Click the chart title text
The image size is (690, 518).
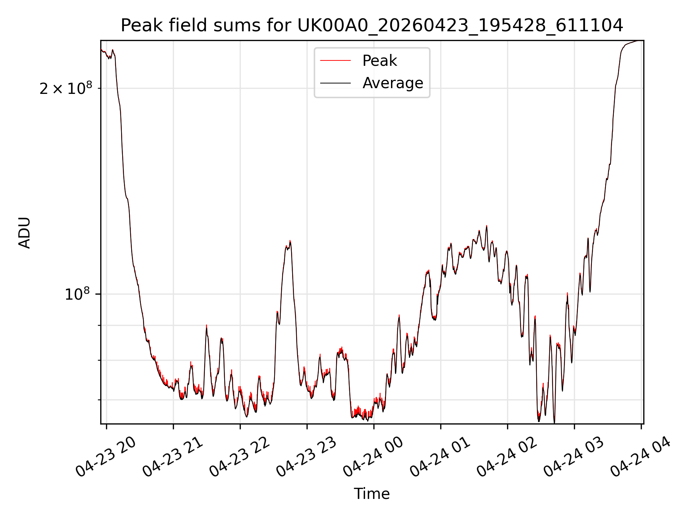click(372, 26)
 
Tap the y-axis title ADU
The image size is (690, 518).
click(24, 232)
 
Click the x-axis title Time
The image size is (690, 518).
click(372, 494)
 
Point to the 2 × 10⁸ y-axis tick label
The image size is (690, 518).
click(66, 88)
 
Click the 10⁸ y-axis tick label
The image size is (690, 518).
click(77, 294)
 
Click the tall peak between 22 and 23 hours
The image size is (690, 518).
click(290, 241)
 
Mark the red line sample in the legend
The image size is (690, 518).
click(335, 60)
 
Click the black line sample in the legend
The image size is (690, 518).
click(335, 83)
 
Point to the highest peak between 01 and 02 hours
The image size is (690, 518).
click(487, 226)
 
